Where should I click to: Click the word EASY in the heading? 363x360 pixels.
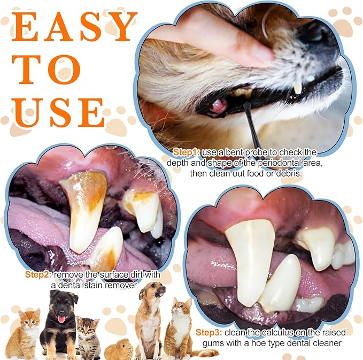[x=74, y=27]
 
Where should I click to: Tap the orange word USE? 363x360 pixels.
[x=58, y=112]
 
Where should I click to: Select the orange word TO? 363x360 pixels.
[x=46, y=70]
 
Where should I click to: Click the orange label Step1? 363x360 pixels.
[x=187, y=152]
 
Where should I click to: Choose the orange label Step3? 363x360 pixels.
[x=209, y=332]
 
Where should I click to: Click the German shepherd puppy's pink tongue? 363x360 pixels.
[x=61, y=319]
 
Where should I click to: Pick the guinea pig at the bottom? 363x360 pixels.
[x=119, y=349]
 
